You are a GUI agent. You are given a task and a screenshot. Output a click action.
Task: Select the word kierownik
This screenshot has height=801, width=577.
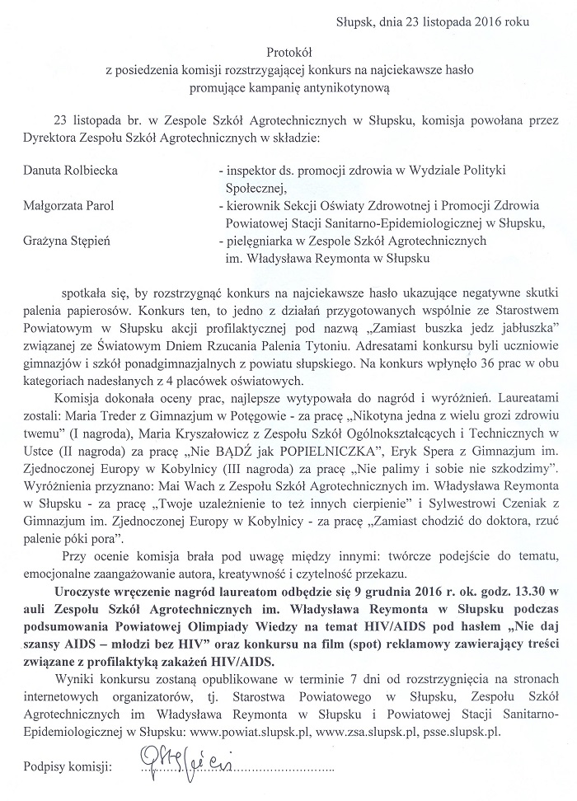[x=249, y=206]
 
